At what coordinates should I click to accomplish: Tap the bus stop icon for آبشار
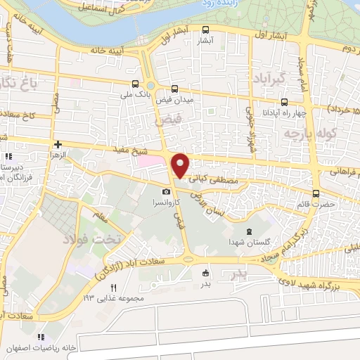(205, 30)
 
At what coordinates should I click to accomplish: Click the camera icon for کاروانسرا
(166, 191)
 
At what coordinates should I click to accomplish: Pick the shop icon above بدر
(205, 273)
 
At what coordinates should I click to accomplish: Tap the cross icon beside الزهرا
(59, 143)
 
